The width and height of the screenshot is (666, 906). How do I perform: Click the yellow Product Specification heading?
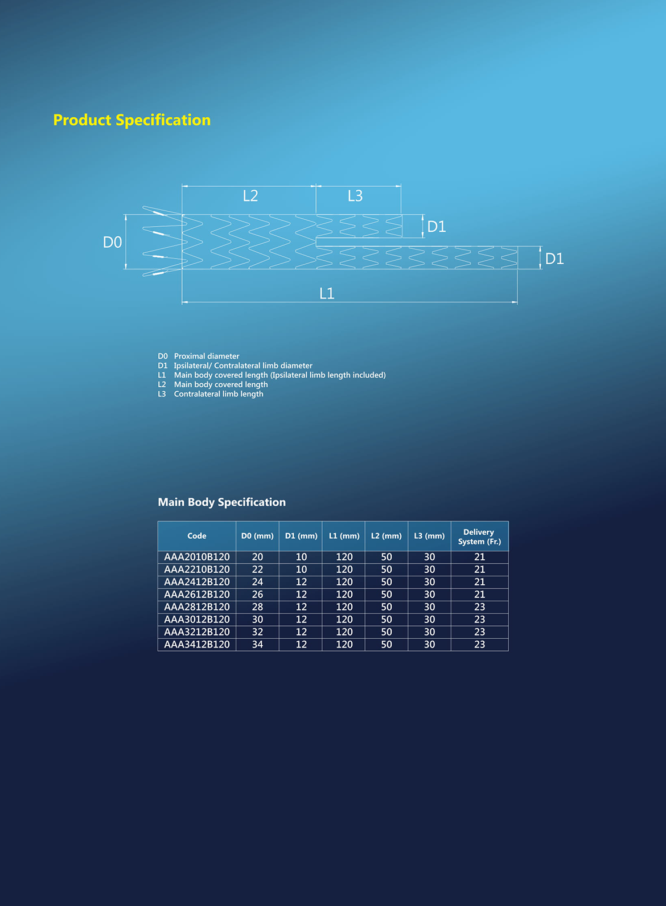(132, 120)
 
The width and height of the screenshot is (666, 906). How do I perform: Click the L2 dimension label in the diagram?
(250, 196)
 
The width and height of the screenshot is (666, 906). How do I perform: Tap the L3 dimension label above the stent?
(355, 196)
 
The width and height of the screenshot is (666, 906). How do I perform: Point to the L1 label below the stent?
(327, 293)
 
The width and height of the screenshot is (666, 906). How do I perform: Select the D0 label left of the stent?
(112, 242)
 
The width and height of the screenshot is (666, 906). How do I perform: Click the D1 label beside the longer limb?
(554, 259)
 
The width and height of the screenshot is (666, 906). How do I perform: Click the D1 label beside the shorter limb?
(437, 227)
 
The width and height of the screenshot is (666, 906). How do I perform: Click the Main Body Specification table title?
(221, 502)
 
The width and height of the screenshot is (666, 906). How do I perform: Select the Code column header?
(197, 536)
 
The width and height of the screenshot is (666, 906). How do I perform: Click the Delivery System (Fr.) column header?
(480, 537)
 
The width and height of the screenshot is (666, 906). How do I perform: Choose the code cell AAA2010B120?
(197, 557)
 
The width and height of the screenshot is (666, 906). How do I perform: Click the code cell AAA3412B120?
(197, 645)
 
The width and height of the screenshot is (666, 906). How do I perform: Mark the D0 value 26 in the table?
(258, 595)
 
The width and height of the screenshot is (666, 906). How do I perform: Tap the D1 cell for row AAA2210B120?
(301, 569)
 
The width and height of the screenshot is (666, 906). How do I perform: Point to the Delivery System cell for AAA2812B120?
(480, 607)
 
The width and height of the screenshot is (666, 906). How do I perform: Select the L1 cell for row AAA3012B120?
(344, 620)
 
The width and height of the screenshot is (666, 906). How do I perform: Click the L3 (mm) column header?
(429, 536)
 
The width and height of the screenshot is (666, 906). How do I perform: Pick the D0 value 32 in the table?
(258, 632)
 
